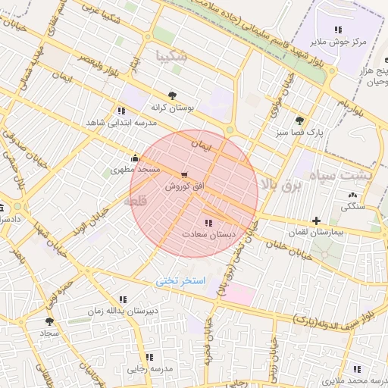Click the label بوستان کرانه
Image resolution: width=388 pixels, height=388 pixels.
(x=172, y=108)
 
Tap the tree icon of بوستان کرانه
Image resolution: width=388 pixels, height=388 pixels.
(x=172, y=95)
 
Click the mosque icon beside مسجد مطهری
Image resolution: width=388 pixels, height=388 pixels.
(x=135, y=158)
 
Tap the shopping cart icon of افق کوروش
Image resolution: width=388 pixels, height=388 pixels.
(x=183, y=175)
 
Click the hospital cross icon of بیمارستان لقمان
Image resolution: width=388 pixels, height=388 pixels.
(x=316, y=221)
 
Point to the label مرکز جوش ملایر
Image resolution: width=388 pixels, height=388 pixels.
(x=342, y=42)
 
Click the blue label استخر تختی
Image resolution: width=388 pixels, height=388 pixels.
(x=180, y=281)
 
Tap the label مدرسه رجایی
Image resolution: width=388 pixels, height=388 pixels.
(x=150, y=368)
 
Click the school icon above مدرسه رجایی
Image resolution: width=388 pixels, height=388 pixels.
(x=149, y=356)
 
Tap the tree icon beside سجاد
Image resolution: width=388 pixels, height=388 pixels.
(x=50, y=321)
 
